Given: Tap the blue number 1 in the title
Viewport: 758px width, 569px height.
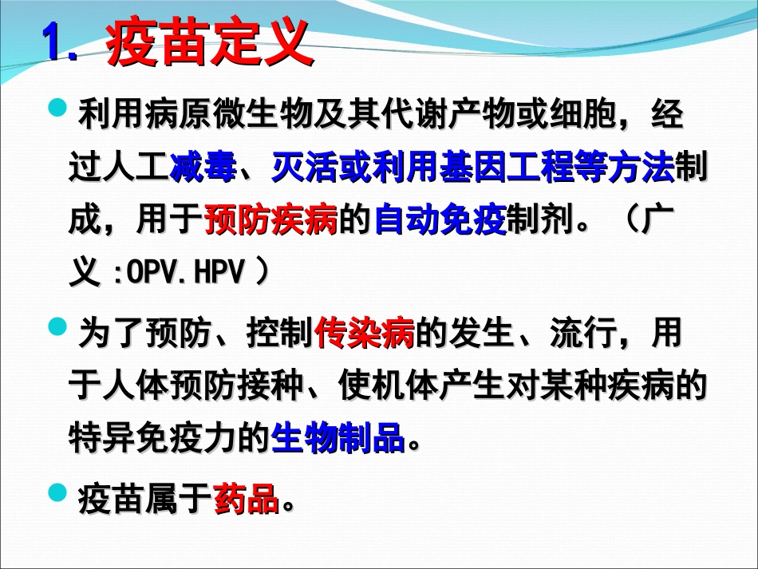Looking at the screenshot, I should coord(54,43).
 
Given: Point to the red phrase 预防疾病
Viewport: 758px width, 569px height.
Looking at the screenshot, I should coord(271,221).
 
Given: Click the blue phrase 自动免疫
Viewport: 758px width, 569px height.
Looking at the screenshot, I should coord(440,221).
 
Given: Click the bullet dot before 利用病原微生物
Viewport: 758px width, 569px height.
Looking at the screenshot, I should coord(58,109).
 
